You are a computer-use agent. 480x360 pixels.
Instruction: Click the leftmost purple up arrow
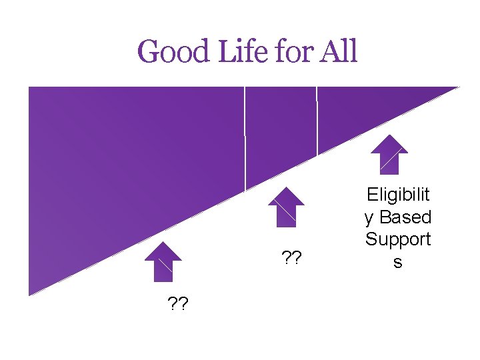[163, 261]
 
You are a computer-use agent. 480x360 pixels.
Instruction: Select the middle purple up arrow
[286, 207]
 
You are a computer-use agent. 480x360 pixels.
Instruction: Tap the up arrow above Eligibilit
[389, 155]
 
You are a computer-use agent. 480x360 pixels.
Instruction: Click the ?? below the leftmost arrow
[177, 305]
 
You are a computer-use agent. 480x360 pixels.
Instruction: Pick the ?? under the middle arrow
[291, 257]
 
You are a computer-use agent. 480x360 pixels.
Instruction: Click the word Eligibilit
[398, 194]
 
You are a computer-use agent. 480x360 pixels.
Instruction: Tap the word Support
[398, 239]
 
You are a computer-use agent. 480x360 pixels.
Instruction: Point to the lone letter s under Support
[398, 262]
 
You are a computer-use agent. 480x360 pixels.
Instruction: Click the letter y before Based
[369, 217]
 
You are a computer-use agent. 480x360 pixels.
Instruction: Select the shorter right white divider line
[317, 121]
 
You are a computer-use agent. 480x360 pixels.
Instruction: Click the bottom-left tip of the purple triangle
[29, 293]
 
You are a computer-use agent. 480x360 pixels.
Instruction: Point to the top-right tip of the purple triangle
[457, 88]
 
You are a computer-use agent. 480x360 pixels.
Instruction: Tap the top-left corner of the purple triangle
[29, 88]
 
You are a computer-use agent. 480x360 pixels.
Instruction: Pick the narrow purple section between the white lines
[281, 127]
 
